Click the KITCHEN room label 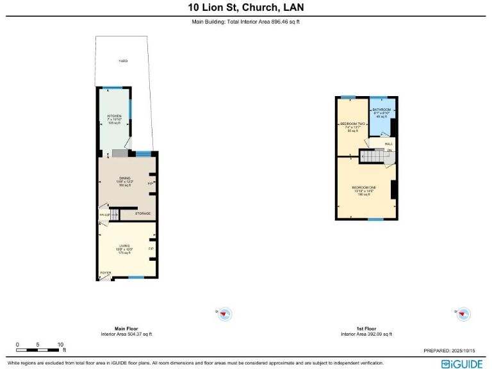(114, 116)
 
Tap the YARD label (122, 61)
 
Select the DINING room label (124, 178)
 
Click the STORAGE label (142, 213)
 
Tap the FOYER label (105, 273)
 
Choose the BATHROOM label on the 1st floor (382, 110)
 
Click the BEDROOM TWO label (352, 123)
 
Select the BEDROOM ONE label (364, 187)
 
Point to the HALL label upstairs (388, 144)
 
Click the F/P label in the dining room (151, 183)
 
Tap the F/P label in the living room (151, 249)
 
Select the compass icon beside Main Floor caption (225, 314)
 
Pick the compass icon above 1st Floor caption (464, 314)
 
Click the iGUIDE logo (462, 363)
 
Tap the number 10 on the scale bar (60, 345)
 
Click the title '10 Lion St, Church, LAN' (246, 8)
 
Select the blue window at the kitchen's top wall (114, 88)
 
